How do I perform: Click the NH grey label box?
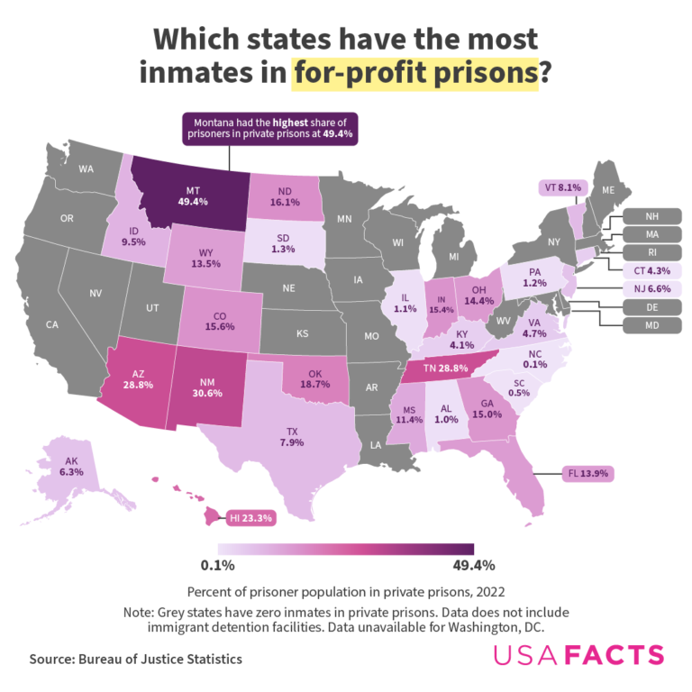tap(651, 216)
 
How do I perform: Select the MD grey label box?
tap(651, 324)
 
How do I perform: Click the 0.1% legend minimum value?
tap(217, 566)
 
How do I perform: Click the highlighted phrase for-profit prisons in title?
tap(414, 72)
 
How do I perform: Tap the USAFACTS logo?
tap(577, 655)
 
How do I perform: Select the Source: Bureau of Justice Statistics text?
tap(135, 660)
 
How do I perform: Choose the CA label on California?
tap(52, 324)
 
